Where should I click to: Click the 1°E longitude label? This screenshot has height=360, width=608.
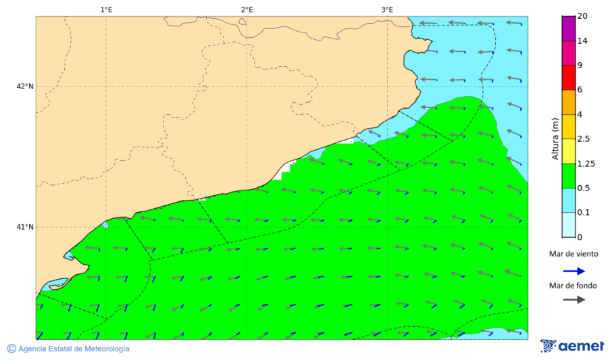point(106,9)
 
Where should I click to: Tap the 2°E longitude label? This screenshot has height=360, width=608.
point(247,9)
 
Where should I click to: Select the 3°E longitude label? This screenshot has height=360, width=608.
point(387,9)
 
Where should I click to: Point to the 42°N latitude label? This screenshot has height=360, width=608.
point(25,86)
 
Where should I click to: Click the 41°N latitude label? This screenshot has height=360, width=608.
point(25,227)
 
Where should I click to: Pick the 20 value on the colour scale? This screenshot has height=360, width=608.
point(582,16)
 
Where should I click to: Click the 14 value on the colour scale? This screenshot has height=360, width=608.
point(582,41)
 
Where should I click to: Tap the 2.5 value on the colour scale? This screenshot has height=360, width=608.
point(584,139)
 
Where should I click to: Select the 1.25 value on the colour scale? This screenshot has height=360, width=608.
point(586,163)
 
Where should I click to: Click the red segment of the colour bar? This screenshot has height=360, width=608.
point(568,78)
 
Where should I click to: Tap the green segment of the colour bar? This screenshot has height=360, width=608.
point(568,176)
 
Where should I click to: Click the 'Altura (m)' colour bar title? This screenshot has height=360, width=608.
point(555,139)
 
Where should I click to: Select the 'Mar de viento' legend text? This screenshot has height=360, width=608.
point(572,254)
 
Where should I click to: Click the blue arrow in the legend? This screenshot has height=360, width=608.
point(572,272)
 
